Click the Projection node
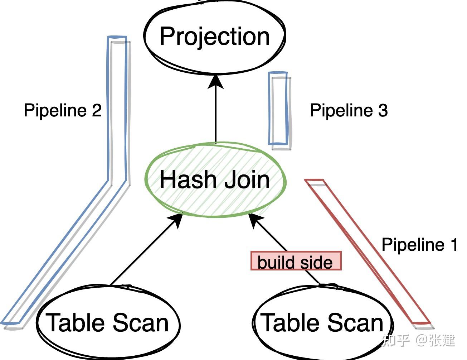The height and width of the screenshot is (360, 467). pos(215,36)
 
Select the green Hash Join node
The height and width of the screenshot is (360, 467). pos(215,179)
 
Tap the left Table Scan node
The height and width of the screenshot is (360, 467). pos(108,322)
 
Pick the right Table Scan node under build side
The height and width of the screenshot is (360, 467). pos(323,322)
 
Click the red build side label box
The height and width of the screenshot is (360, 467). pos(296,261)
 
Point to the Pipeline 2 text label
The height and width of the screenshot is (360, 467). pos(63,110)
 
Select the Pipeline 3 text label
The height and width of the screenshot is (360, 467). pos(349,110)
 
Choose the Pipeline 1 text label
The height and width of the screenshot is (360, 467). pos(419,245)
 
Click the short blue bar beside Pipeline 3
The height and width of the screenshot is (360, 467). pos(278,109)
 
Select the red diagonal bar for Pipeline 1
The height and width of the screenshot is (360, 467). pos(369,253)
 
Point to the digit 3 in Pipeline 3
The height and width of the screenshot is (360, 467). pos(383,110)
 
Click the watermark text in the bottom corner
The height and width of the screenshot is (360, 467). pos(419,340)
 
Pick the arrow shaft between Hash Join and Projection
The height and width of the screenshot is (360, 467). pos(216,115)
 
